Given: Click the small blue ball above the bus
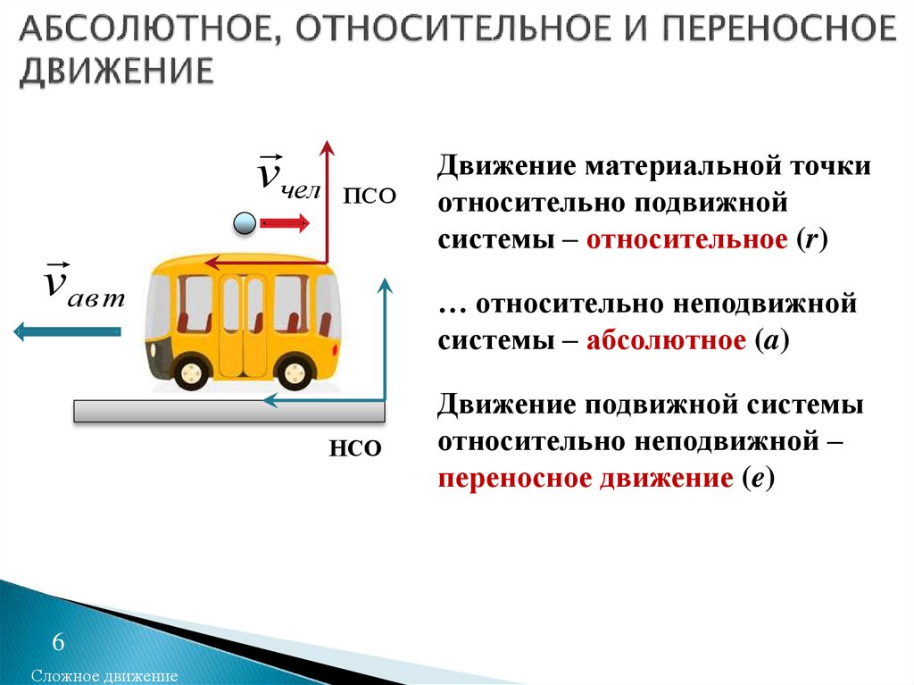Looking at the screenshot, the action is (x=245, y=223).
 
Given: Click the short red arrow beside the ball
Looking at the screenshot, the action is (x=285, y=223).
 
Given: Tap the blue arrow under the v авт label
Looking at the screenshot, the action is (x=67, y=331).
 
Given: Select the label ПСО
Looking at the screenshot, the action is (x=370, y=196).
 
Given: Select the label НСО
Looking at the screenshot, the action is (x=355, y=448).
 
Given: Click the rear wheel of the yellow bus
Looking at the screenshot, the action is (x=295, y=372).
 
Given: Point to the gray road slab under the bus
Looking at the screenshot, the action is (x=229, y=412).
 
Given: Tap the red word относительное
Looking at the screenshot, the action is (x=686, y=240).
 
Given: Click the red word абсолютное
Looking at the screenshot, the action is (x=666, y=340).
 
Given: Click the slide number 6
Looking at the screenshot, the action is (x=58, y=642).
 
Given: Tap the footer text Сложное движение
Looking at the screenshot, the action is (x=104, y=676).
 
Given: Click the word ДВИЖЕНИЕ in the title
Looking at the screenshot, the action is (x=117, y=72).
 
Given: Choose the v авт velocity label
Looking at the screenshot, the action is (x=85, y=285).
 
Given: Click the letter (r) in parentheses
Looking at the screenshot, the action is (x=812, y=240).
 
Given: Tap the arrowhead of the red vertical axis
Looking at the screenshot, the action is (x=328, y=147).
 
